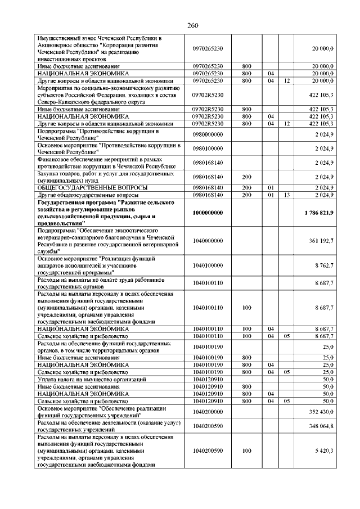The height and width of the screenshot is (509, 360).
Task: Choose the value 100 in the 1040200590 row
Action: pos(246,451)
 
